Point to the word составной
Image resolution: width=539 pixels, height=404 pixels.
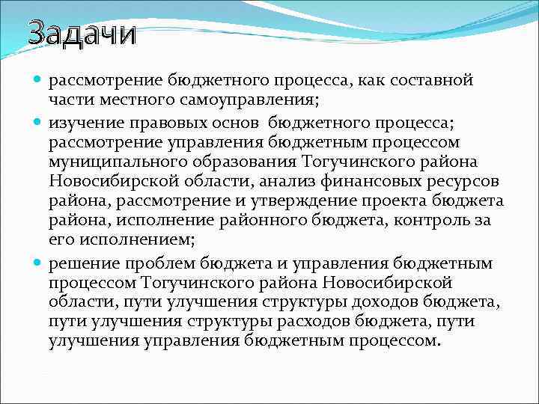(435, 79)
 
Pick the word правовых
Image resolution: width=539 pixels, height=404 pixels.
(162, 120)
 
